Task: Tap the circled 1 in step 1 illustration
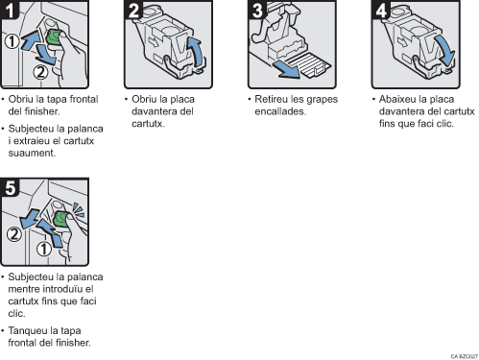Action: (x=10, y=42)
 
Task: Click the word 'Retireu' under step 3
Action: (x=274, y=100)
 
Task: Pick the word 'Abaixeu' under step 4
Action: (x=395, y=98)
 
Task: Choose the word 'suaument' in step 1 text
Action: (x=29, y=153)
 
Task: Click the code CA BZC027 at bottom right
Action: (x=463, y=355)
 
